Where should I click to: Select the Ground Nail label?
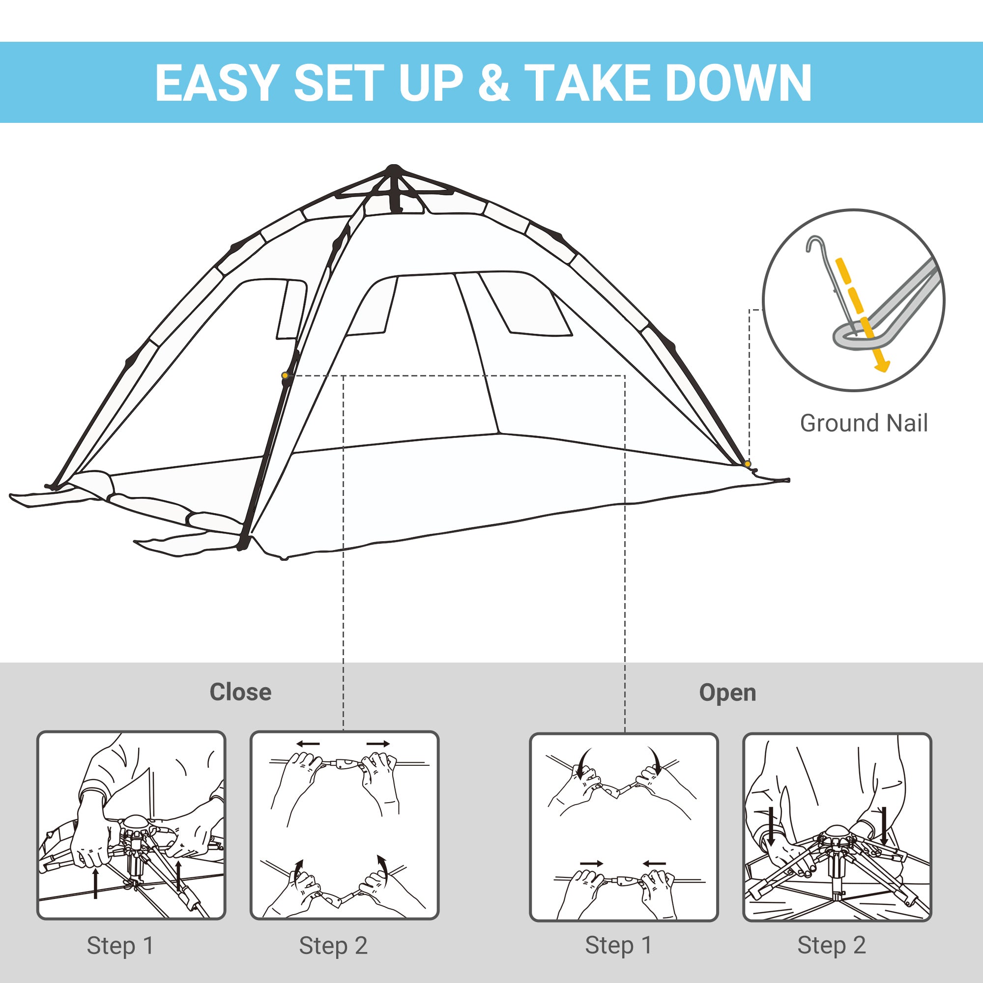coord(864,423)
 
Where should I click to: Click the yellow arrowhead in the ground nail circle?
coord(883,365)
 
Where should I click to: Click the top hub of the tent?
coord(394,170)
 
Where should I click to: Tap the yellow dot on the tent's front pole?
coord(285,376)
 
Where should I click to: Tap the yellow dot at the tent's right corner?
coord(747,463)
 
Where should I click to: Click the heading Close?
coord(241,693)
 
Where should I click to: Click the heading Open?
coord(727,693)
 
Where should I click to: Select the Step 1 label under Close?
coord(120,946)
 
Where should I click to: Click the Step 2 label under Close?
coord(333,946)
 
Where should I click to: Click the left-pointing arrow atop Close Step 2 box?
coord(308,744)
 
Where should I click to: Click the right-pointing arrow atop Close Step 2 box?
coord(378,744)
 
